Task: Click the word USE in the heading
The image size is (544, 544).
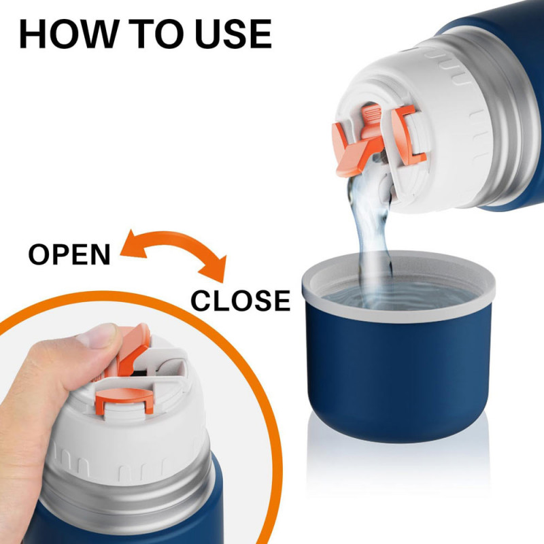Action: tap(233, 33)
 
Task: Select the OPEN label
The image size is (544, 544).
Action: tap(69, 254)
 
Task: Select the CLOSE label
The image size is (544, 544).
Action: tap(241, 301)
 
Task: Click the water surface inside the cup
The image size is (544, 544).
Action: tap(399, 296)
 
